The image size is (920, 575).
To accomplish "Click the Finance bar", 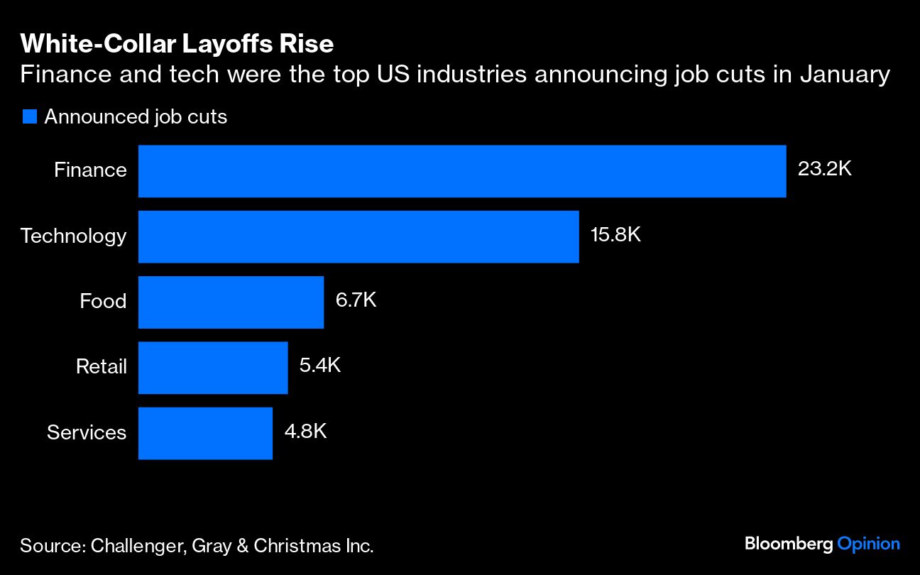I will pos(461,171).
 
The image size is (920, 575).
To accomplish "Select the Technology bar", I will pos(358,236).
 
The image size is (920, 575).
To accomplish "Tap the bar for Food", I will pos(231,302).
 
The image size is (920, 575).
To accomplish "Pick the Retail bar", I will pos(212,367).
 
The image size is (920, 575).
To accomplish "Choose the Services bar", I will pos(205,432).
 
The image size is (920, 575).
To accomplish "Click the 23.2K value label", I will pos(824,170).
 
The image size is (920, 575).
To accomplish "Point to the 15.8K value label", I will pos(615,235).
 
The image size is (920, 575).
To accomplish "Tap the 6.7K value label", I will pos(356,300).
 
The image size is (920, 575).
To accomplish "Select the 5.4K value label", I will pos(320,366).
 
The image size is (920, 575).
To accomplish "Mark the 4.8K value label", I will pos(305,431).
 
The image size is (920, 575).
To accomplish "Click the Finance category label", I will pos(90,170).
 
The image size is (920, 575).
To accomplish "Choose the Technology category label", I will pos(73,236).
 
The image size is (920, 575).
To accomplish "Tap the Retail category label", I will pos(101,366).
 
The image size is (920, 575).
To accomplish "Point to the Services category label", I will pos(87,432).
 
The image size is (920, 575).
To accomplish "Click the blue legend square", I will pos(29,116).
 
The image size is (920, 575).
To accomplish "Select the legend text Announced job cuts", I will pos(136,116).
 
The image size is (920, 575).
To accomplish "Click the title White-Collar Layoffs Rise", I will pos(176,44).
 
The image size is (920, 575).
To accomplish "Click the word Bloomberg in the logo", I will pos(789,544).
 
